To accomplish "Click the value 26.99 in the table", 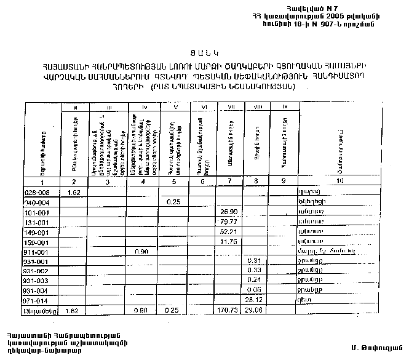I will point(228,212).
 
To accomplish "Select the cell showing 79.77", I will point(228,222).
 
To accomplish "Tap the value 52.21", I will point(228,232).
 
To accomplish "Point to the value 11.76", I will point(228,242).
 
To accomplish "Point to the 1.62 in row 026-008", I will point(74,192).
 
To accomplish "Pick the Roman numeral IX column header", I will point(284,108).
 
